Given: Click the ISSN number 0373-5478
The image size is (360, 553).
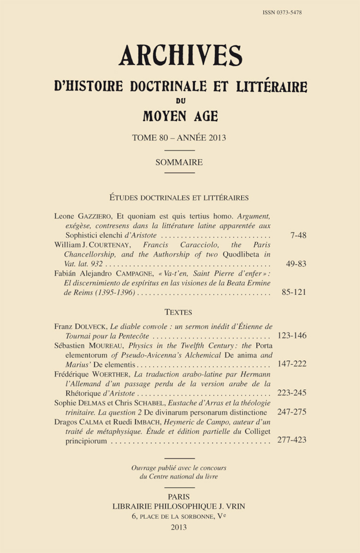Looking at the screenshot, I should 282,13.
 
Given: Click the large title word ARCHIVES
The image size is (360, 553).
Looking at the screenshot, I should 180,56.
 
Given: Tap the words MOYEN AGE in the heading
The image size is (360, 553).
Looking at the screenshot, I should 180,116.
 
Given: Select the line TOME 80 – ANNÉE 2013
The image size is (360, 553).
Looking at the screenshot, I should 179,138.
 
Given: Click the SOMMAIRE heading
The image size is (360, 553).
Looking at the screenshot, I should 179,162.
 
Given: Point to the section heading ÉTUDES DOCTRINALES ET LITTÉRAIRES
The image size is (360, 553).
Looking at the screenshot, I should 179,198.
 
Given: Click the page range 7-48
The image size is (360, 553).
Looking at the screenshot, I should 298,235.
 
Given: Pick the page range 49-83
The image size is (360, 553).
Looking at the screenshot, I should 296,264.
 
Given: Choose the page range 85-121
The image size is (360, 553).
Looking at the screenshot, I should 294,292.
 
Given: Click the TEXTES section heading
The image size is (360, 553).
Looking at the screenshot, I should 178,312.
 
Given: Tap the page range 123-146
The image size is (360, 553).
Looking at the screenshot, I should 292,336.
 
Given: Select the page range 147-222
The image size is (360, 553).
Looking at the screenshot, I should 292,364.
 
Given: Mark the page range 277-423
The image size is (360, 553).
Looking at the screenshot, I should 292,440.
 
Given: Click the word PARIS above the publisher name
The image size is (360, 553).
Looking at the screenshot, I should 179,497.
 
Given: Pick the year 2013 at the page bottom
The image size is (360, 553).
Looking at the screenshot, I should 179,527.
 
